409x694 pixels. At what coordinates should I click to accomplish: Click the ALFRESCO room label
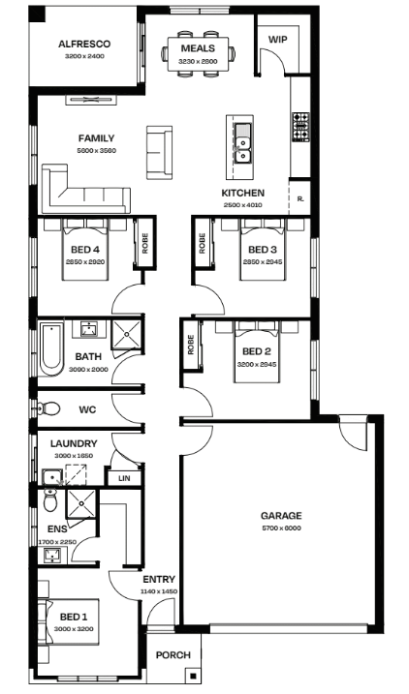point(84,44)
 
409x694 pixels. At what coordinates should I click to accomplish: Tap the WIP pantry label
point(278,40)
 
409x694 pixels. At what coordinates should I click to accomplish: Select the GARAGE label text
point(281,516)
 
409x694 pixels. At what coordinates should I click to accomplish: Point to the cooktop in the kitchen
point(300,128)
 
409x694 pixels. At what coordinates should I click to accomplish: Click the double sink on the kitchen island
point(242,143)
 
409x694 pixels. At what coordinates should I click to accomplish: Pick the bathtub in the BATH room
point(51,348)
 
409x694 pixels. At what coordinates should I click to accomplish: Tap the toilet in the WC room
point(48,408)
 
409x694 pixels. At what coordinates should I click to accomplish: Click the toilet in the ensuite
point(50,499)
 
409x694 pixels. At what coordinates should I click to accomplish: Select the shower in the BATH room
point(126,334)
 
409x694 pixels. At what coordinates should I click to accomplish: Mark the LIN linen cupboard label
point(124,478)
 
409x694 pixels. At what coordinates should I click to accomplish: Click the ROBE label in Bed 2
point(191,345)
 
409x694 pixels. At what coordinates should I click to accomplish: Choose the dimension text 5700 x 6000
point(281,528)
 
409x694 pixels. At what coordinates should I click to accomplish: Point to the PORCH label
point(173,655)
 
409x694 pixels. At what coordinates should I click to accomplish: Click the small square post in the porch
point(193,676)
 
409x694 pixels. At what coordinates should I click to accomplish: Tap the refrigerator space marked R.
point(300,198)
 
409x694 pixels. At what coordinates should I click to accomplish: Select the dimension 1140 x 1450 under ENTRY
point(159,591)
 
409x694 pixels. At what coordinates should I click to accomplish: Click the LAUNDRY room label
point(74,443)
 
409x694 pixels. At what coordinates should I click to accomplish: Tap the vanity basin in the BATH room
point(90,329)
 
